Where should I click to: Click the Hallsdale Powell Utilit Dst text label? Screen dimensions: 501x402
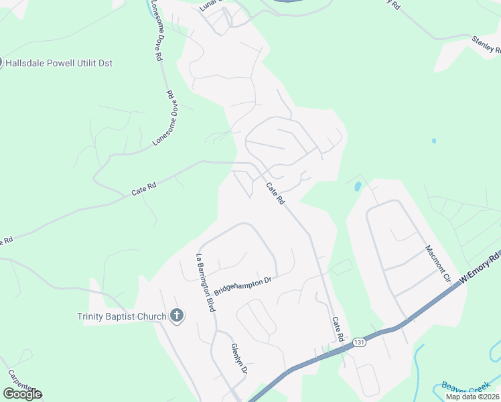pos(60,63)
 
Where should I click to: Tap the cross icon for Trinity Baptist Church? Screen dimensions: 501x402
pos(177,316)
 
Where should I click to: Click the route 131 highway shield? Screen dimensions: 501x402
pos(360,342)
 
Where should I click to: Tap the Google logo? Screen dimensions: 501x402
pos(22,394)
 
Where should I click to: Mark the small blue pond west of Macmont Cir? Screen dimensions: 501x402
pos(358,186)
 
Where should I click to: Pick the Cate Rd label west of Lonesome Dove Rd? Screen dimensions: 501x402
pos(143,190)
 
